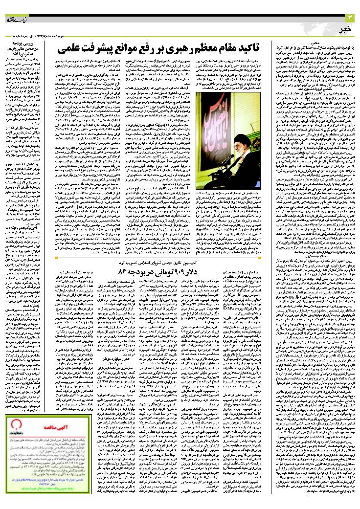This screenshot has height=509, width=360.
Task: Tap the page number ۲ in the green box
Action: point(350,18)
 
